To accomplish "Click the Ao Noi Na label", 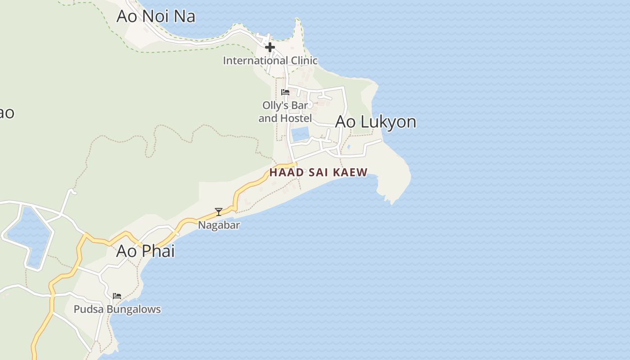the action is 156,16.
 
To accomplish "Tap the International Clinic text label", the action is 270,60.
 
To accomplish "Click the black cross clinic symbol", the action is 270,47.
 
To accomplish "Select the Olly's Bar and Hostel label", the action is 285,112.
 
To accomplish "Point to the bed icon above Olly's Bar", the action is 285,92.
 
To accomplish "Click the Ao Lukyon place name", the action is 376,122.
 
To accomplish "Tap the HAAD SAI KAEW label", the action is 318,172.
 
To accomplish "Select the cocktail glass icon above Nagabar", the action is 219,211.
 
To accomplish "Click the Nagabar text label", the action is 219,225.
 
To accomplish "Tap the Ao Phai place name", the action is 145,251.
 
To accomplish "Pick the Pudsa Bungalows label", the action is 117,309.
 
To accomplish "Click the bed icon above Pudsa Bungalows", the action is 117,296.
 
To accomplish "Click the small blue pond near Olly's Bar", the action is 300,134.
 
